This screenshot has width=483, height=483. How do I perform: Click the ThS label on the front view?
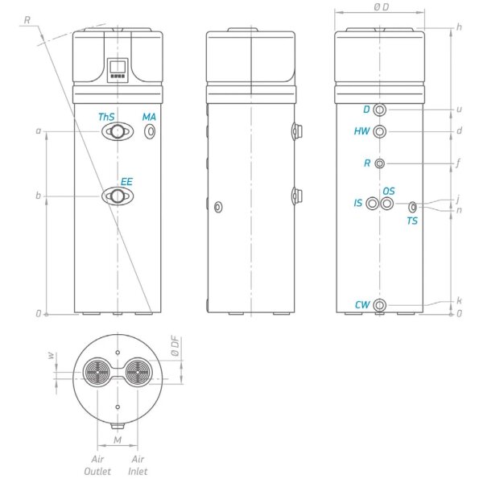click(x=106, y=118)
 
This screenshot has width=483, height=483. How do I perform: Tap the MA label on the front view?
click(x=149, y=118)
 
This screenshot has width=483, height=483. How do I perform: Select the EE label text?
click(x=126, y=183)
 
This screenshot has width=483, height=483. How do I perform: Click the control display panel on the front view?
click(x=118, y=71)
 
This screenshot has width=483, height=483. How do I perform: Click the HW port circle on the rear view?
click(x=381, y=131)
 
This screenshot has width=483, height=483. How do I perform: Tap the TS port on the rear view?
click(x=413, y=207)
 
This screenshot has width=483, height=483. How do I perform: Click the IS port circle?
click(x=372, y=204)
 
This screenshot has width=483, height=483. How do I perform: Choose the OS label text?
click(x=389, y=191)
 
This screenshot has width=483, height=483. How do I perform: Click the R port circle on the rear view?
click(x=381, y=163)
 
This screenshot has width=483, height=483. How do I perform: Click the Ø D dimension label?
click(x=382, y=6)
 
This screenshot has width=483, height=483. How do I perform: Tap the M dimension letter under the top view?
click(x=118, y=440)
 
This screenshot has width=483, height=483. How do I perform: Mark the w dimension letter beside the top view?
click(x=50, y=354)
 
